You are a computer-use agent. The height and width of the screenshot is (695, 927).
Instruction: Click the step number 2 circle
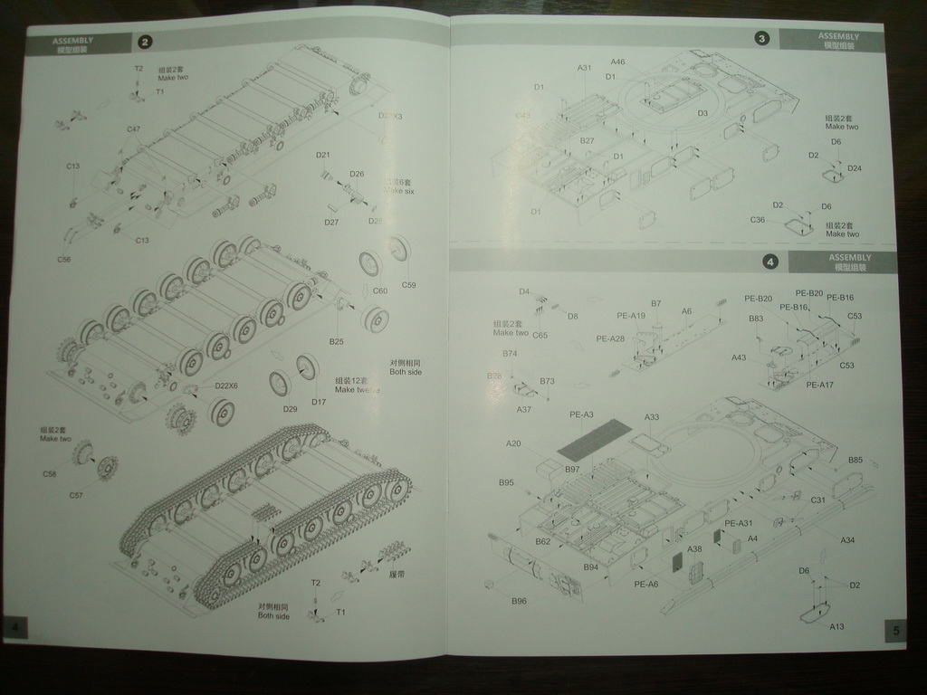pyautogui.click(x=145, y=42)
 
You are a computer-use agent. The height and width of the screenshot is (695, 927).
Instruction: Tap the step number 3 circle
pyautogui.click(x=761, y=38)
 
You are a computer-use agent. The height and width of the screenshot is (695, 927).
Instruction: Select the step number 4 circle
pyautogui.click(x=769, y=262)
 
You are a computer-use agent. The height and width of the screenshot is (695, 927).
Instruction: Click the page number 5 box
pyautogui.click(x=894, y=630)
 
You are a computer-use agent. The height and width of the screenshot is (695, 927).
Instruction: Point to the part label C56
pyautogui.click(x=63, y=260)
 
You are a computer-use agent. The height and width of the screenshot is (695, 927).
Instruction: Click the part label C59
pyautogui.click(x=408, y=286)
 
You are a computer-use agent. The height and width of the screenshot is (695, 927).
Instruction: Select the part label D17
pyautogui.click(x=319, y=402)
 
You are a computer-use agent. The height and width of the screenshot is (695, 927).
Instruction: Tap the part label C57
pyautogui.click(x=76, y=495)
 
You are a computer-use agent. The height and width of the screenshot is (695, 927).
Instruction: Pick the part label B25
pyautogui.click(x=336, y=341)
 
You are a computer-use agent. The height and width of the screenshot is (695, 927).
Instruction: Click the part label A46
pyautogui.click(x=618, y=62)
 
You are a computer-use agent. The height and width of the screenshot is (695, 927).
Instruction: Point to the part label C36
pyautogui.click(x=758, y=220)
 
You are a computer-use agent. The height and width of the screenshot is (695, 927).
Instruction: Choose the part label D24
pyautogui.click(x=855, y=168)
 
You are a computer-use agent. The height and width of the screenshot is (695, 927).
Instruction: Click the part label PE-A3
pyautogui.click(x=581, y=414)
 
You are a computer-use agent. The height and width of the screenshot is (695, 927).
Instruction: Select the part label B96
pyautogui.click(x=519, y=601)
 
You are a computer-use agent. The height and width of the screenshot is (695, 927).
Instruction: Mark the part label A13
pyautogui.click(x=836, y=626)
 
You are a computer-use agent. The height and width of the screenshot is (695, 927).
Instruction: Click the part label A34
pyautogui.click(x=847, y=540)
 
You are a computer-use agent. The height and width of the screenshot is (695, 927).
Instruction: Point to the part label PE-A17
pyautogui.click(x=819, y=385)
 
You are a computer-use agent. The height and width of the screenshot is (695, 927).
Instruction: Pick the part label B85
pyautogui.click(x=855, y=461)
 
